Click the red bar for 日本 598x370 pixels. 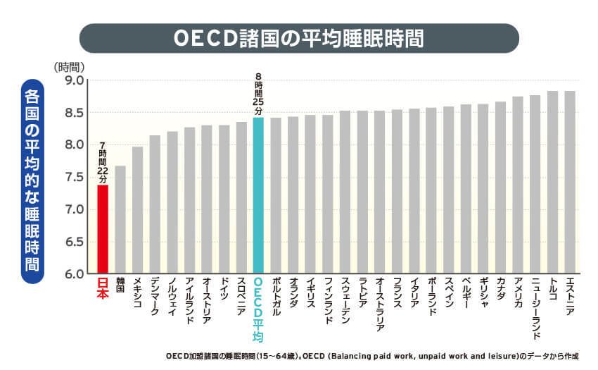click(103, 229)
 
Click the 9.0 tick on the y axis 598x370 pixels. click(75, 80)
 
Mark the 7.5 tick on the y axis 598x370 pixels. click(75, 178)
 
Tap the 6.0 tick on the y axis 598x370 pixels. click(75, 273)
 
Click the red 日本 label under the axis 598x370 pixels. click(103, 289)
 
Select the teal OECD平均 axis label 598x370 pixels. click(258, 303)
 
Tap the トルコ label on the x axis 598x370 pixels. click(553, 289)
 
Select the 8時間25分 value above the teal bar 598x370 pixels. click(258, 95)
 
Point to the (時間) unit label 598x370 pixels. click(70, 66)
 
